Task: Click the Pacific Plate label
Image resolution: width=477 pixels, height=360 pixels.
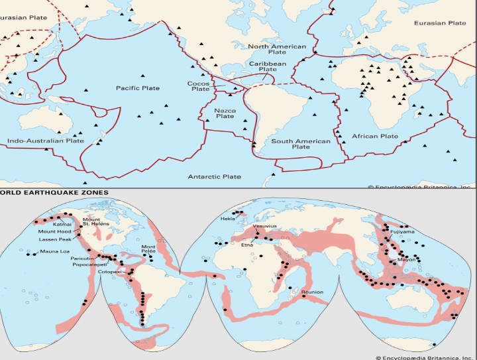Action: pos(138,88)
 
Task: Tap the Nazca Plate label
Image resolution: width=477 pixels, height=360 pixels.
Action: pos(225,113)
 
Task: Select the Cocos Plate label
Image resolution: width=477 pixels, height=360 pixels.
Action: pos(199,86)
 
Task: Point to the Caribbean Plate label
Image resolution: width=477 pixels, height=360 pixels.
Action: pos(268,66)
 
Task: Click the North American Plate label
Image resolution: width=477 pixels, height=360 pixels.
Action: pos(277,50)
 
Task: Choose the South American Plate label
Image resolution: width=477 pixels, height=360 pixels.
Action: pos(301,144)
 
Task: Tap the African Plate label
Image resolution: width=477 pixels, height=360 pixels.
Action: pos(374,137)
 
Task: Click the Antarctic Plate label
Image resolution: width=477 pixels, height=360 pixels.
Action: pos(214,177)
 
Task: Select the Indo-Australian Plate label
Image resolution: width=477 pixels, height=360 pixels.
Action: pos(46,141)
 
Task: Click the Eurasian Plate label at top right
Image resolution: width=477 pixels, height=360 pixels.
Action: pos(440,23)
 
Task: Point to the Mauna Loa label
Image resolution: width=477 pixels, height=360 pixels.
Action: pos(54,252)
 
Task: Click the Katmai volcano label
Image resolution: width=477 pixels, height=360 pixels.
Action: pos(62,225)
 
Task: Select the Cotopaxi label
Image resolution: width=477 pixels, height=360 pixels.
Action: pos(109,272)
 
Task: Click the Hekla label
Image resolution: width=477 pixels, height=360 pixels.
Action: pos(229,218)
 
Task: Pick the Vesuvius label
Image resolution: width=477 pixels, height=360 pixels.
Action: pos(265,226)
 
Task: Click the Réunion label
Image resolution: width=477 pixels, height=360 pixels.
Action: pos(312,292)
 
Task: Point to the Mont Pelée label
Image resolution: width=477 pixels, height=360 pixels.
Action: pos(149,250)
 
